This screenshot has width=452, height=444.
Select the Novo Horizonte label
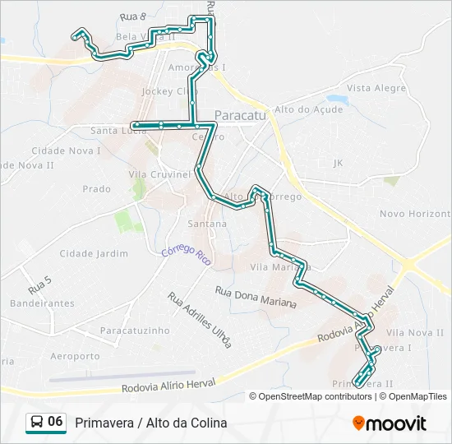pos(415,214)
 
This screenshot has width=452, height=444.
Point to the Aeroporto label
pos(75,356)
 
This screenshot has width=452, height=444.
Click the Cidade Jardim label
pos(94,253)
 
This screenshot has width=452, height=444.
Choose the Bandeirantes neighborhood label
pos(43,303)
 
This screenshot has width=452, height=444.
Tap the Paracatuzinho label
pos(134,330)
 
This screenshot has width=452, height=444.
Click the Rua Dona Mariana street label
pos(256,297)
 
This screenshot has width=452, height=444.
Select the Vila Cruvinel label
pos(159,175)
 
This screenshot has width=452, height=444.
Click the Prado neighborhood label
pos(96,189)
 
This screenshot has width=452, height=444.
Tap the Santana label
pos(207,224)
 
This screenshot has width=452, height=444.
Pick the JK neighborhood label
pos(338,164)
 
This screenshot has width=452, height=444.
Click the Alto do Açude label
pos(308,109)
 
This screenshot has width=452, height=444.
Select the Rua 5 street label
pos(39,286)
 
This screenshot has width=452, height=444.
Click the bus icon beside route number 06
pos(37,422)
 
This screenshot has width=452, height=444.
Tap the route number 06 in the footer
pos(55,422)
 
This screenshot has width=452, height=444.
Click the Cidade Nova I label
pos(66,151)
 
